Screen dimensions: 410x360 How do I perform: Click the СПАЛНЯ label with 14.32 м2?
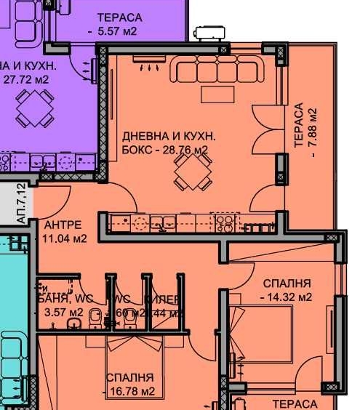(287, 284)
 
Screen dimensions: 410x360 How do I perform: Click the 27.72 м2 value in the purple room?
(27, 79)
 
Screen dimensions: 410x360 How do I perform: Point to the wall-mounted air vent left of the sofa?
(153, 66)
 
